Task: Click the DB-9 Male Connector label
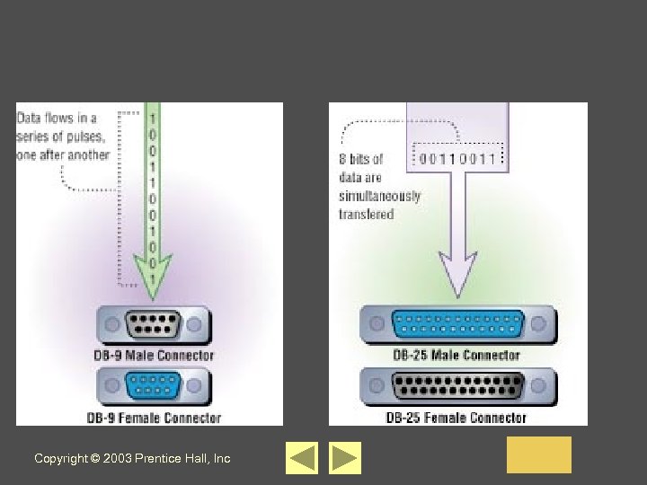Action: click(x=154, y=355)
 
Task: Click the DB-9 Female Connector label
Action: click(x=154, y=418)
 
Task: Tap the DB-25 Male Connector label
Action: click(x=456, y=355)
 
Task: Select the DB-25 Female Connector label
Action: click(x=456, y=418)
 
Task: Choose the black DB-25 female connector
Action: click(x=456, y=387)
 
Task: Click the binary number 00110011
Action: click(x=456, y=159)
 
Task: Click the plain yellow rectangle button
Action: click(x=538, y=454)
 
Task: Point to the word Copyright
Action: click(x=61, y=459)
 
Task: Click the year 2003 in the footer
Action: click(x=117, y=459)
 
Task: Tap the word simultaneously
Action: click(x=379, y=196)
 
